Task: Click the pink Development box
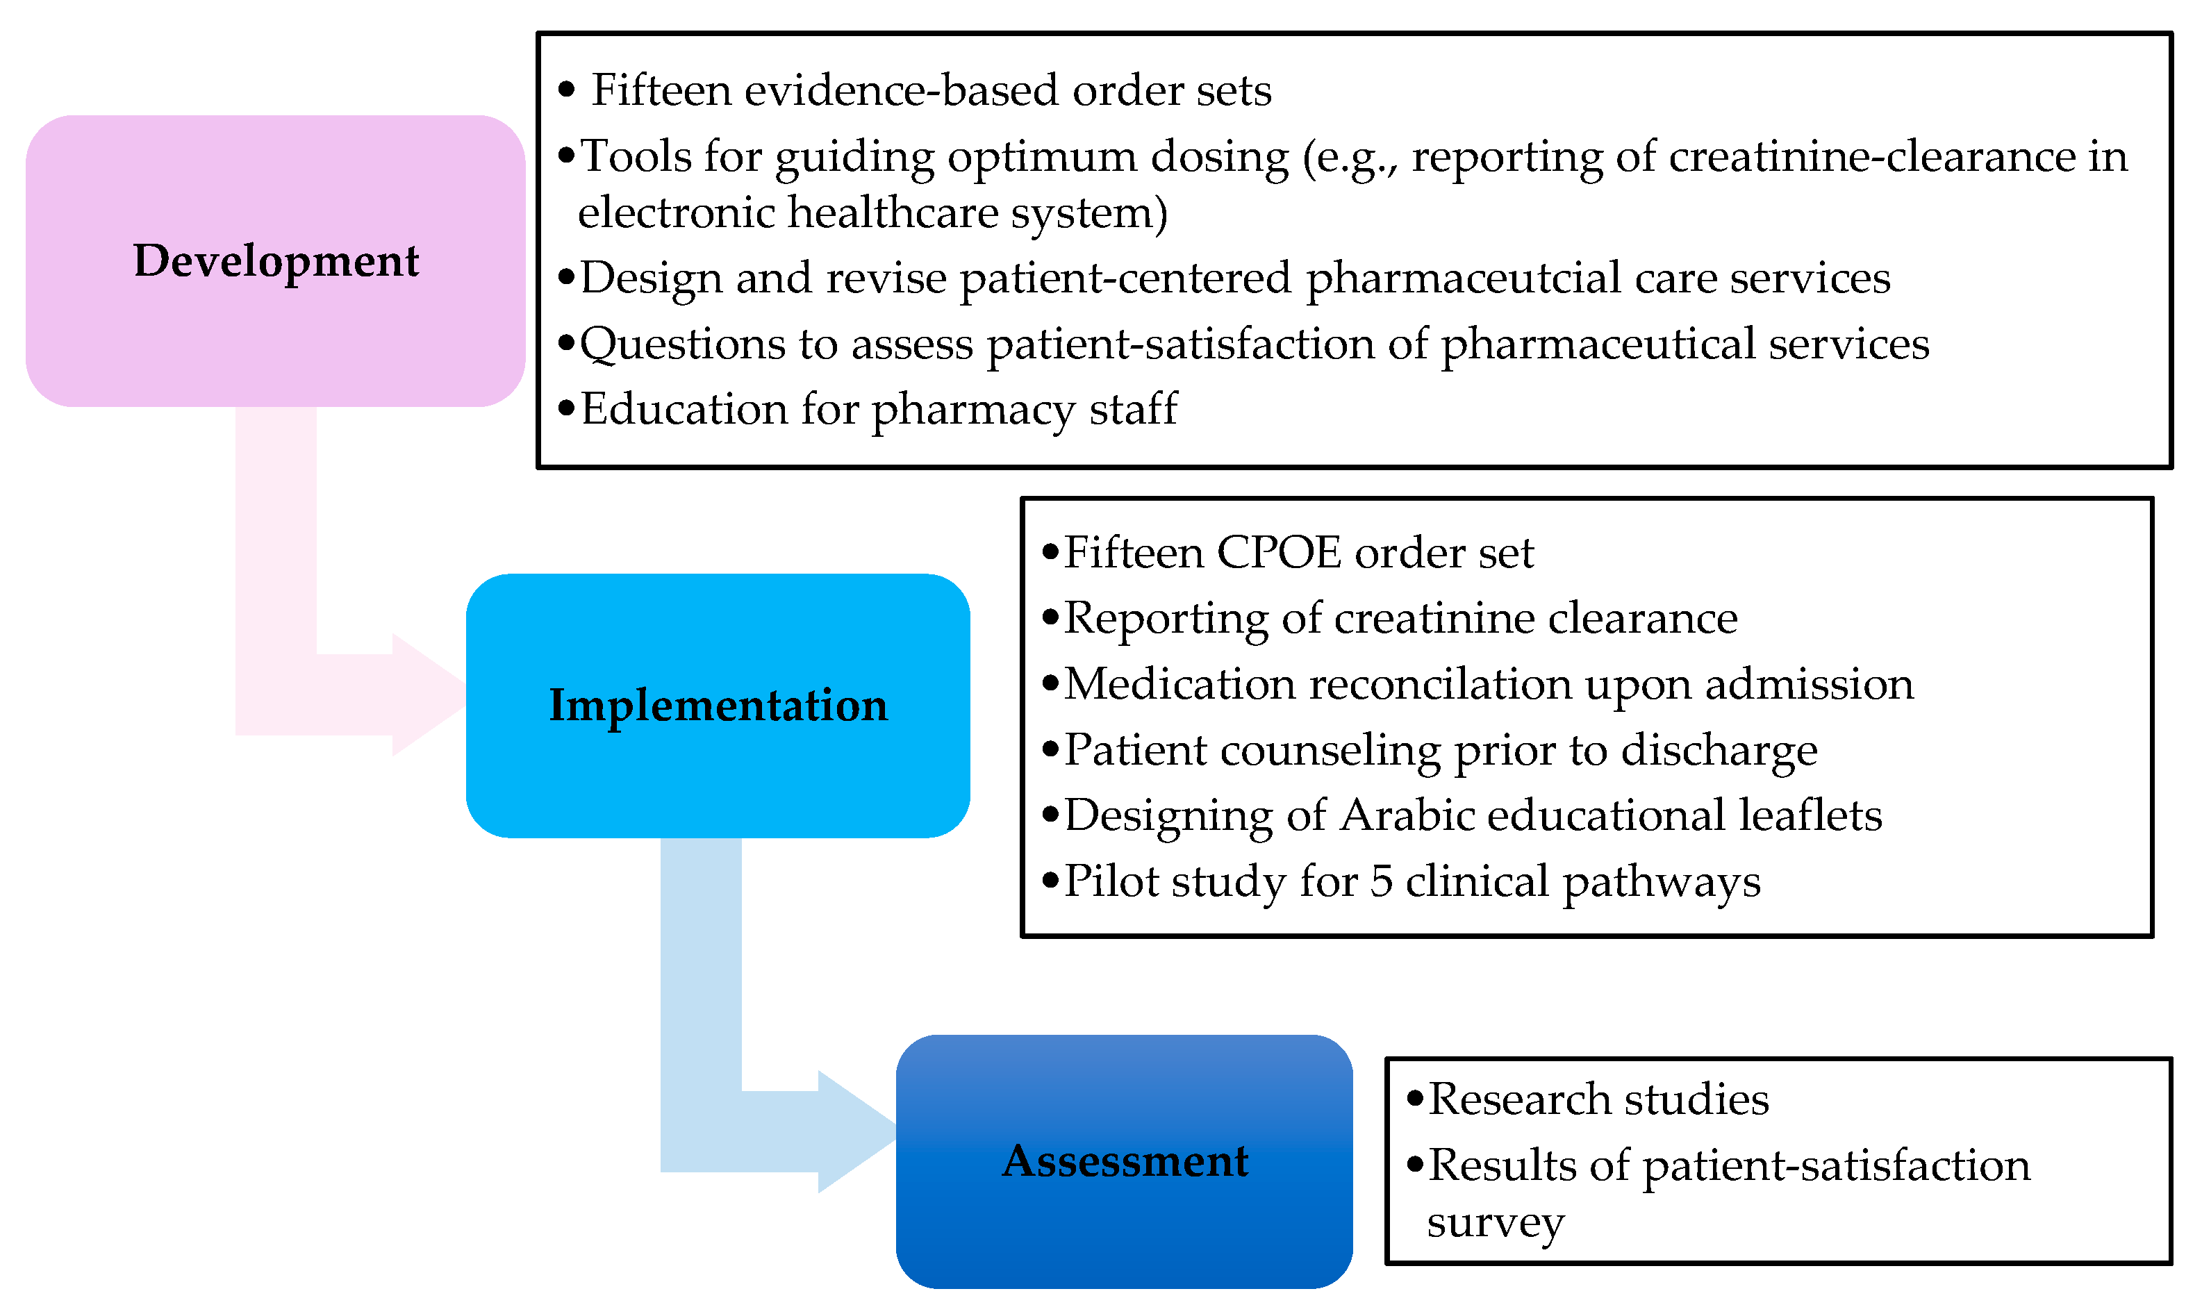click(275, 260)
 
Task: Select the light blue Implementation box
click(717, 705)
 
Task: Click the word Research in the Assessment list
click(1519, 1099)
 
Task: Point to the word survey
click(1496, 1224)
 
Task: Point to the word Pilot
click(1112, 881)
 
